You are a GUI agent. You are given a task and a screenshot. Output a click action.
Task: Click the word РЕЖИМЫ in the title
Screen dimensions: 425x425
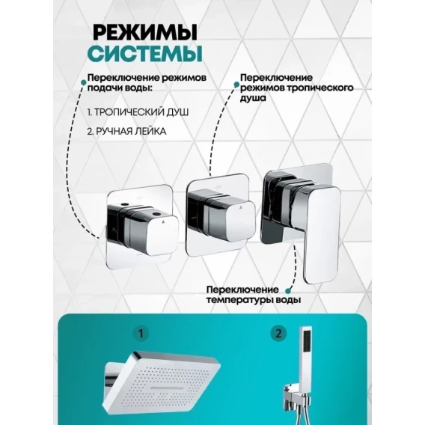tap(145, 32)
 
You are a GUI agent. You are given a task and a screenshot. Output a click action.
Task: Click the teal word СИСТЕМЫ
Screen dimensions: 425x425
tap(145, 54)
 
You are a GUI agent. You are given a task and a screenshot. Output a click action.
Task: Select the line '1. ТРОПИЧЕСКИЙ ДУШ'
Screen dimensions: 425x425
tap(138, 112)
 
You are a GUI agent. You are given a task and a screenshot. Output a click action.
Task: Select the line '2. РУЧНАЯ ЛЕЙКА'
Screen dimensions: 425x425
tap(126, 132)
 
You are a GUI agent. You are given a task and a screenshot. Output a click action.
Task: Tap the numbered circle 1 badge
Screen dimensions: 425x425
tap(141, 334)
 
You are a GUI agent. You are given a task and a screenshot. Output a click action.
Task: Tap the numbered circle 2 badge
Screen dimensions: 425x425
tap(278, 334)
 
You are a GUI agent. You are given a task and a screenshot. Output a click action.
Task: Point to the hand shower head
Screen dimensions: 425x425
tap(306, 349)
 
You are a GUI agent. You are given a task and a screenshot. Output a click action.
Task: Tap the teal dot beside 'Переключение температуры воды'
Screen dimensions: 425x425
tap(288, 291)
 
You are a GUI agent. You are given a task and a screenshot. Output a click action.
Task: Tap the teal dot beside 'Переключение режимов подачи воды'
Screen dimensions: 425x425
tap(83, 82)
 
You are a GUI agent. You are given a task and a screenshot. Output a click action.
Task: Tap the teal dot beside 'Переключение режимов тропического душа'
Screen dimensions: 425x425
tap(236, 85)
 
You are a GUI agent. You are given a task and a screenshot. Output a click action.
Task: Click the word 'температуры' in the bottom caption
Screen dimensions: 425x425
tap(240, 300)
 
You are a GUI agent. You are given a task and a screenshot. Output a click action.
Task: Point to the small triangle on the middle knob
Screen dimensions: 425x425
tap(240, 207)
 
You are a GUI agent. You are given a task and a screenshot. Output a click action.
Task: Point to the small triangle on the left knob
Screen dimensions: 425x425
tap(163, 221)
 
